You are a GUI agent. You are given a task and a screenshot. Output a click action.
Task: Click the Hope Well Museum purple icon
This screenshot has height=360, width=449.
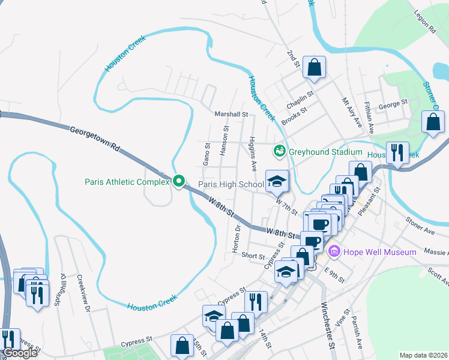[x=334, y=251]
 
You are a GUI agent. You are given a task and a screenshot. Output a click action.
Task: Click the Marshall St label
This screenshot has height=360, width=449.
[x=231, y=114]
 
